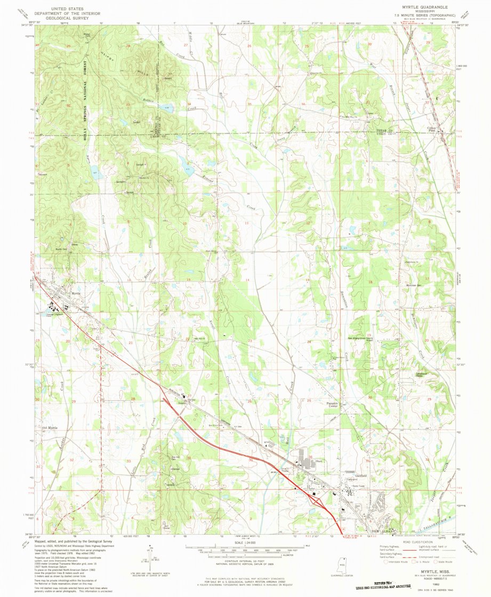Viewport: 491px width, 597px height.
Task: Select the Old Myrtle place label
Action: tap(49, 428)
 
